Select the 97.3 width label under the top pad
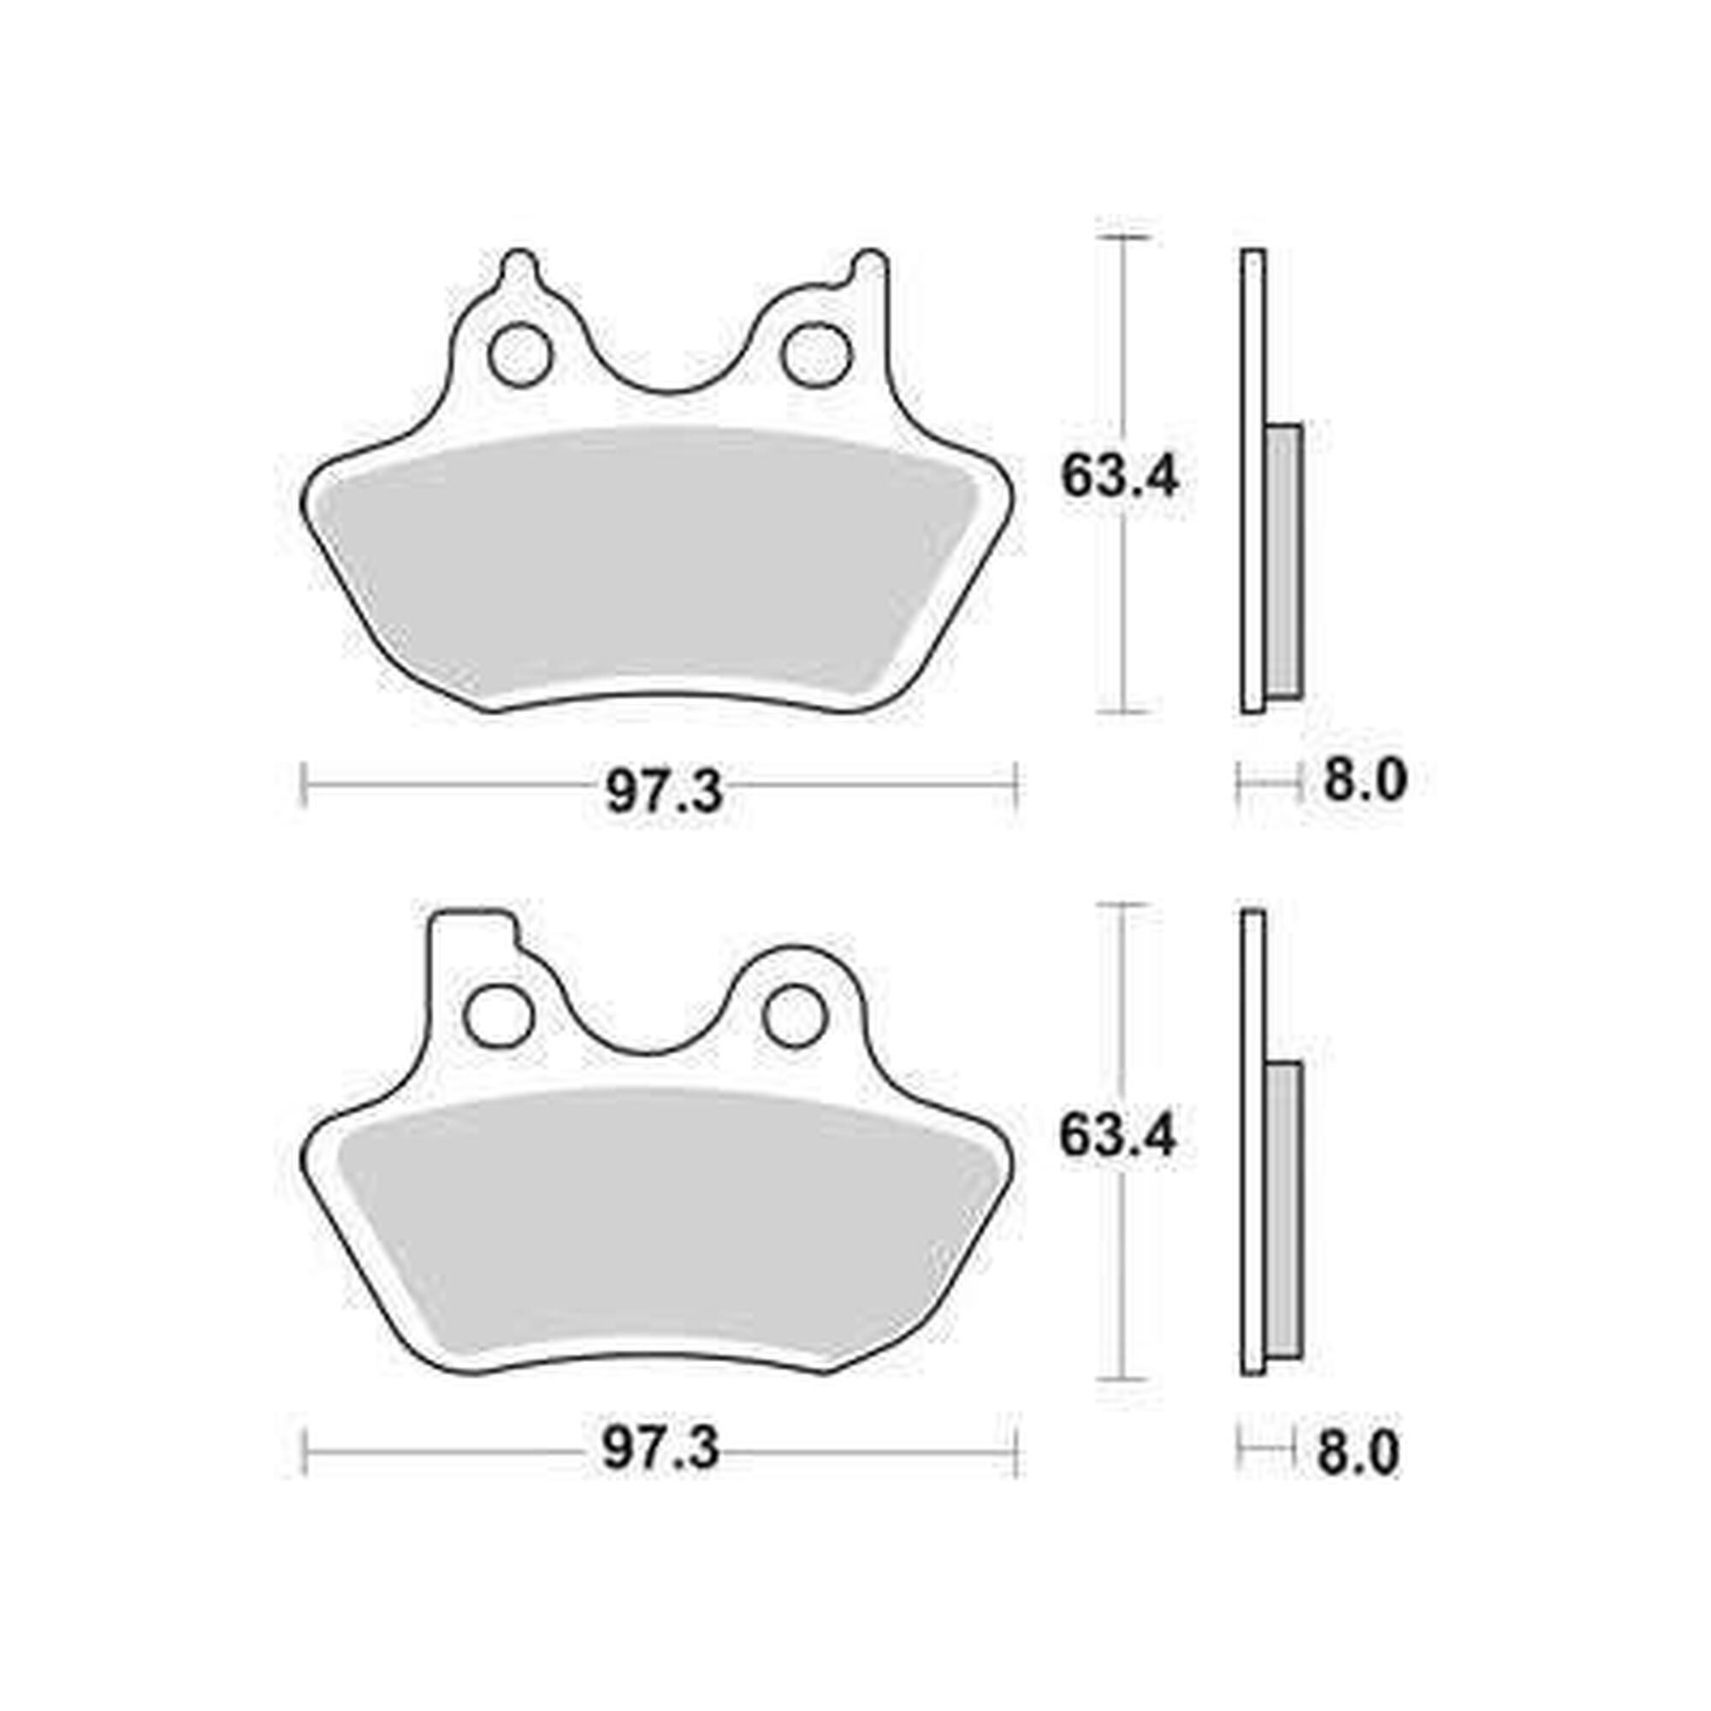(664, 790)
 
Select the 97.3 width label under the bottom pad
(660, 1450)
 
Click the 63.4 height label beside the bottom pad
(1117, 1136)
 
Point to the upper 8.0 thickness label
(1365, 781)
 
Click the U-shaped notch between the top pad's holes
(667, 372)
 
